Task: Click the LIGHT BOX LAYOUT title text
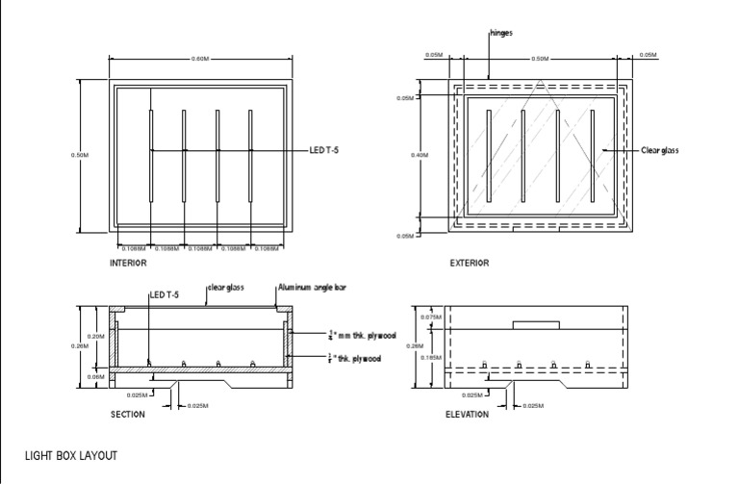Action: click(x=70, y=455)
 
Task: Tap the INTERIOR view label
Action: click(x=128, y=263)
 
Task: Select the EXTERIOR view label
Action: click(x=470, y=263)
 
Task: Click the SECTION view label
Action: click(x=128, y=415)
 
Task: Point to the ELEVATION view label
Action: click(x=468, y=415)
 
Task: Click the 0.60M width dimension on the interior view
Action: click(x=200, y=59)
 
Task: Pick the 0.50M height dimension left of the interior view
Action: click(x=80, y=155)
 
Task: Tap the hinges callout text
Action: click(x=501, y=33)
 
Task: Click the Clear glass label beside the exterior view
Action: click(x=660, y=150)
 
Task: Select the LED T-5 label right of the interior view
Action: click(x=324, y=150)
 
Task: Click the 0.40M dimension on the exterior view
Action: click(x=420, y=155)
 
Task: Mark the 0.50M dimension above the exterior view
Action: click(x=540, y=59)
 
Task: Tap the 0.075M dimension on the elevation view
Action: click(x=430, y=317)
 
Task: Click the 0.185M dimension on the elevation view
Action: click(x=430, y=357)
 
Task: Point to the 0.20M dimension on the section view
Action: click(x=96, y=336)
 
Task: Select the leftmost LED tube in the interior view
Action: click(x=151, y=155)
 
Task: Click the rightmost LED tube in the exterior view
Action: click(x=592, y=155)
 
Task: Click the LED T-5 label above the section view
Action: click(x=164, y=294)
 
